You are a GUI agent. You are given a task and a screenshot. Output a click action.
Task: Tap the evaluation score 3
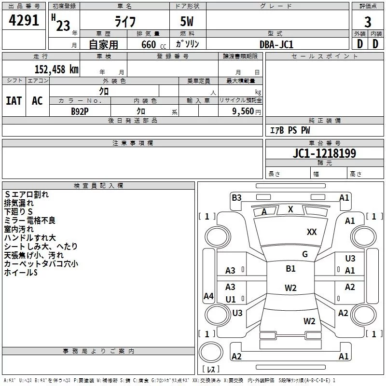coord(368,22)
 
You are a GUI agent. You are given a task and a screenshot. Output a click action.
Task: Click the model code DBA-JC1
coord(276,44)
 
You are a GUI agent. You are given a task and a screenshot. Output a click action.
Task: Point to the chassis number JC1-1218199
coord(325,153)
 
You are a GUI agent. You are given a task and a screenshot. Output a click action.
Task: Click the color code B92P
coord(80,111)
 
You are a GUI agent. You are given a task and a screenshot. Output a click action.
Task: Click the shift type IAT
coord(14,100)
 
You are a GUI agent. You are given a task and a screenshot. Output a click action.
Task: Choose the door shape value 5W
coord(188,21)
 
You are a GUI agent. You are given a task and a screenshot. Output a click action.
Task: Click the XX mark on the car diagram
coord(312,232)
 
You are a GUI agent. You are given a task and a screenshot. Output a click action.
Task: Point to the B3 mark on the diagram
coord(236,197)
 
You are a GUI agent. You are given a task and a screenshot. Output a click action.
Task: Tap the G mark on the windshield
coord(305,254)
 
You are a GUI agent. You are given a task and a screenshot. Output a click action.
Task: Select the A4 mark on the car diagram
coord(208,296)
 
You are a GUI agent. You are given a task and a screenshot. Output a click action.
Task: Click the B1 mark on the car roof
coord(290,269)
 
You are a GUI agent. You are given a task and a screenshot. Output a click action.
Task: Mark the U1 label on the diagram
coord(231,299)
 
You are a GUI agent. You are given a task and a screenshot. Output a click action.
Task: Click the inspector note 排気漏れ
coord(19,203)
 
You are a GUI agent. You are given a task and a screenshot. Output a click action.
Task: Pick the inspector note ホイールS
coord(21,273)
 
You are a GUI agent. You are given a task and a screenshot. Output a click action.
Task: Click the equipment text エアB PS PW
coord(289,130)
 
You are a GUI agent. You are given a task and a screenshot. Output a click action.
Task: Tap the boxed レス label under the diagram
coord(210,370)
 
